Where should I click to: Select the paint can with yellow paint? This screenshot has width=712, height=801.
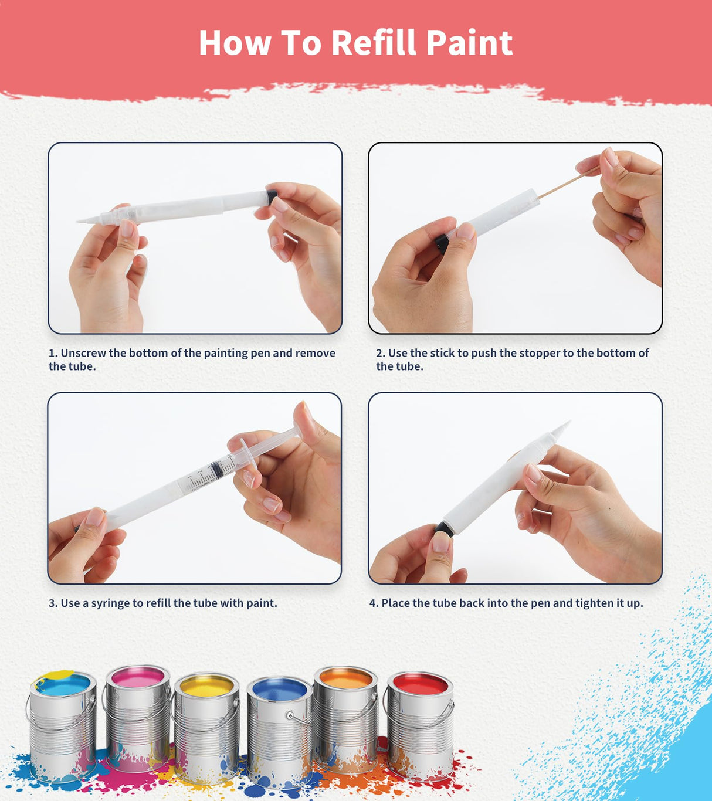click(x=206, y=727)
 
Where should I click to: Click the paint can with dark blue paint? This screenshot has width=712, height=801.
click(x=279, y=730)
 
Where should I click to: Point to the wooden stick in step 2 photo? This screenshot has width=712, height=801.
click(x=566, y=182)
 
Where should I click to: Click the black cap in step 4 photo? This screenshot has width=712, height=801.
click(x=444, y=530)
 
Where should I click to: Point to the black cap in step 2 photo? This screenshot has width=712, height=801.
click(x=442, y=243)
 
